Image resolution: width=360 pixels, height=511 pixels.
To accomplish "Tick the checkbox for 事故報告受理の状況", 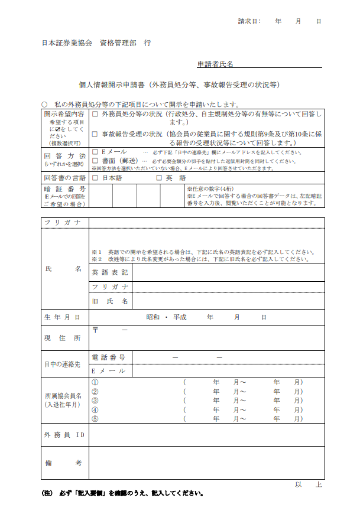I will [x=96, y=134].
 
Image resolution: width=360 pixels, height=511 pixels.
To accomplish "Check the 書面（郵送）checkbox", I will [x=95, y=161].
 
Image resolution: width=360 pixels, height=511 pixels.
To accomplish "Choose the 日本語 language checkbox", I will [x=95, y=177].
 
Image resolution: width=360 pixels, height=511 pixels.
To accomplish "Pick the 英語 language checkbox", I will [x=158, y=177].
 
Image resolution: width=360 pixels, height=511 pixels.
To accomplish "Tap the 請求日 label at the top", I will [x=249, y=21].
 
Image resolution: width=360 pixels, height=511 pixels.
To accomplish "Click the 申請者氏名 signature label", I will [x=215, y=64].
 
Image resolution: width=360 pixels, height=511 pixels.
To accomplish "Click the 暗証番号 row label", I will [x=65, y=189].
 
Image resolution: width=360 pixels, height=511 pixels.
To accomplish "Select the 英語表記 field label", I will [x=110, y=273].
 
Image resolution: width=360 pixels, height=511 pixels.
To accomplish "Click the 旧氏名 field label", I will [x=110, y=301].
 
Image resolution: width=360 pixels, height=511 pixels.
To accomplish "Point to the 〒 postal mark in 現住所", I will [x=95, y=329].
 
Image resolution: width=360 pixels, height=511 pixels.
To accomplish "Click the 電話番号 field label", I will [x=109, y=357].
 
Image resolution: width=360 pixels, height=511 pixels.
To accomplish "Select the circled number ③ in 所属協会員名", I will [x=95, y=400].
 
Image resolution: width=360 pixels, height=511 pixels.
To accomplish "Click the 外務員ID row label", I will [x=64, y=435].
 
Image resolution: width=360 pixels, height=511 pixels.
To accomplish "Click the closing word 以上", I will [x=308, y=484].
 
